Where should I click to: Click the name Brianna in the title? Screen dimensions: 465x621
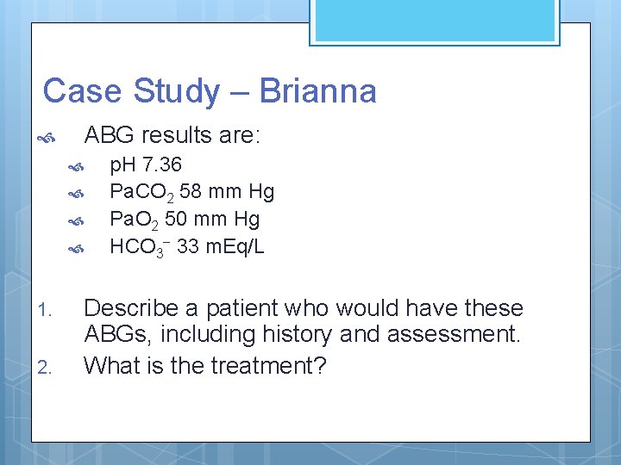pyautogui.click(x=317, y=90)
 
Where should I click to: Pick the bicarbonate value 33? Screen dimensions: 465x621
pyautogui.click(x=188, y=246)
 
